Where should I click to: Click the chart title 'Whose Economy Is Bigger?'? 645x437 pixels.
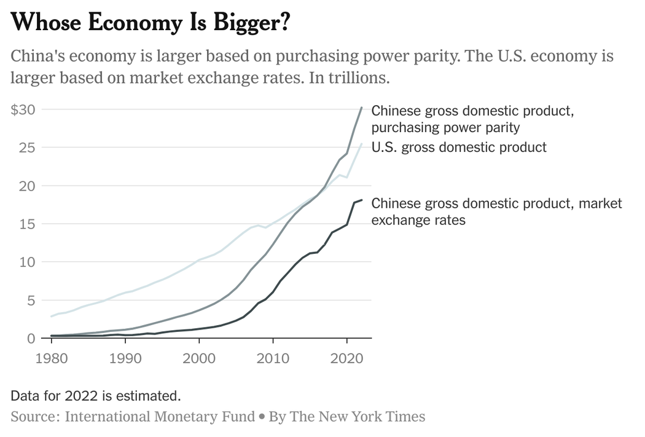click(150, 23)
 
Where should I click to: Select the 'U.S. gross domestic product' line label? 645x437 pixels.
click(459, 148)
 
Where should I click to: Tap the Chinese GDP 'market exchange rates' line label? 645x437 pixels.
click(496, 211)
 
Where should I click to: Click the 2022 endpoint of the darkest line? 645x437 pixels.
click(362, 200)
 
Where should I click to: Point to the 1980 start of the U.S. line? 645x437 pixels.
click(52, 317)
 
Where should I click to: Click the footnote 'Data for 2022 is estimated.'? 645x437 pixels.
click(95, 395)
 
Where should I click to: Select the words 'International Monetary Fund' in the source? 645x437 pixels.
click(160, 416)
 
